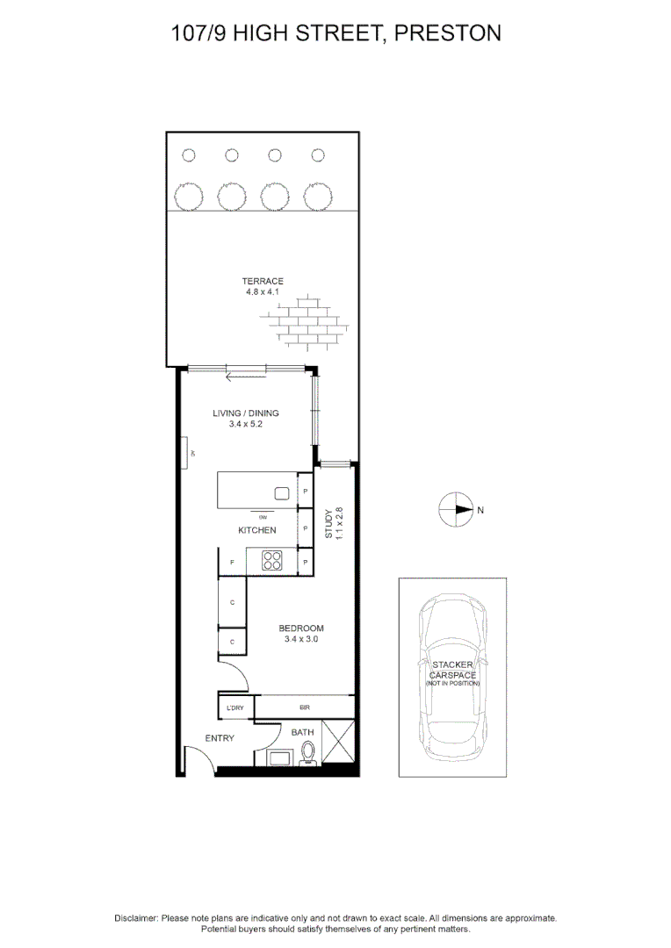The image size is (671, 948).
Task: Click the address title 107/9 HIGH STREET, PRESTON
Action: pyautogui.click(x=335, y=33)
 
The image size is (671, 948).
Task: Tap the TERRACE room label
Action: pyautogui.click(x=263, y=281)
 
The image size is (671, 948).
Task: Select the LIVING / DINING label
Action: pyautogui.click(x=245, y=413)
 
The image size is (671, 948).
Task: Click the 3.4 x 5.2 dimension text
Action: pyautogui.click(x=245, y=424)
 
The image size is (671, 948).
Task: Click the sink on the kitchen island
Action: pyautogui.click(x=283, y=493)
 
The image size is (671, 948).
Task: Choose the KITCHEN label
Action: pyautogui.click(x=257, y=530)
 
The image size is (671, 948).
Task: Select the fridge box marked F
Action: pyautogui.click(x=232, y=562)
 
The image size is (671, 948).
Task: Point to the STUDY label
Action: pyautogui.click(x=329, y=523)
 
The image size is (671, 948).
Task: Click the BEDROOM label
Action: pyautogui.click(x=301, y=628)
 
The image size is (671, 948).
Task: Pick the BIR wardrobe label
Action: pyautogui.click(x=304, y=707)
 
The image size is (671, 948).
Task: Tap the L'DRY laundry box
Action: pyautogui.click(x=234, y=707)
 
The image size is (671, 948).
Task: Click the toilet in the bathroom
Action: pyautogui.click(x=307, y=754)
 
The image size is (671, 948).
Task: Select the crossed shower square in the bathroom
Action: pyautogui.click(x=339, y=743)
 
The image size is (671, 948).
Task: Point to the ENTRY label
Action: pyautogui.click(x=220, y=738)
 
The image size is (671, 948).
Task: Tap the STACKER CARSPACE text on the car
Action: pyautogui.click(x=453, y=670)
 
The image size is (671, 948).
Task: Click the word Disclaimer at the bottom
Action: pyautogui.click(x=136, y=917)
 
